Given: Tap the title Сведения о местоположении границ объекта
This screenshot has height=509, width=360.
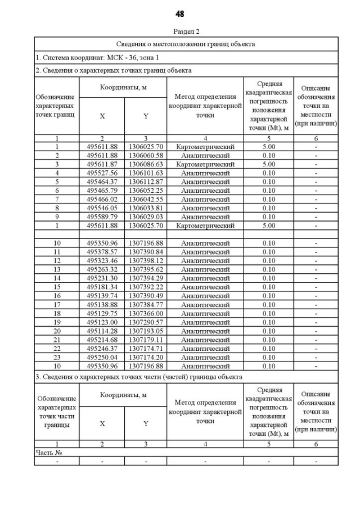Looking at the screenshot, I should coord(186,43).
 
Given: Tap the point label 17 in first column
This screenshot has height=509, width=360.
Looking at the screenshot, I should coord(57,305).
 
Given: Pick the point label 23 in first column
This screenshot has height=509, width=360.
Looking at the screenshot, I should coord(57,357).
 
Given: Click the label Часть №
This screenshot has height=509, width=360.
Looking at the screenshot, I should coord(48,452).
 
